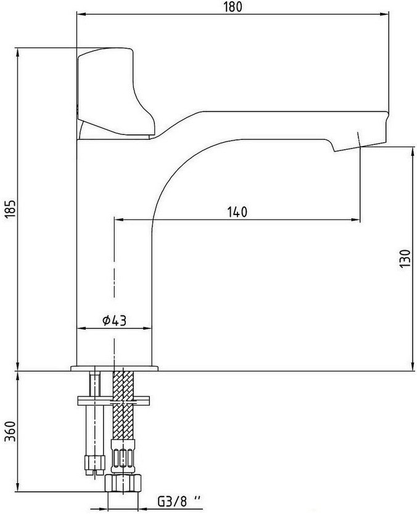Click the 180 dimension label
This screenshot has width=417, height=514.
pos(233,7)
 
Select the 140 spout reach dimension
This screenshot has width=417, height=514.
pos(237,212)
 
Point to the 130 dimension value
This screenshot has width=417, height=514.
pos(405,258)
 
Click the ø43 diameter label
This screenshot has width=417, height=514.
pos(114,320)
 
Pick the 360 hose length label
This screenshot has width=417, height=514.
pos(10,431)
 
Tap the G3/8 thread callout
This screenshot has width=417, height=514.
pos(179,501)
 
